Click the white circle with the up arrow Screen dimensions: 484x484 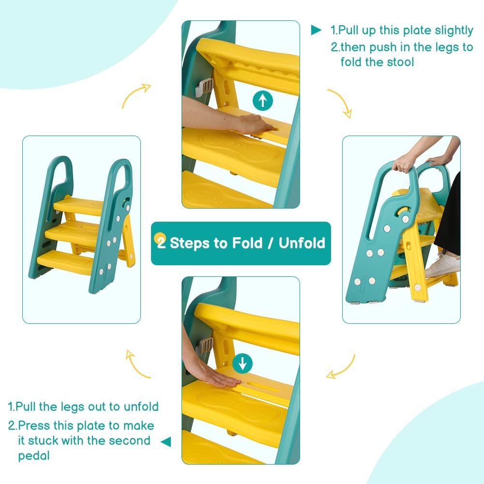tap(262, 100)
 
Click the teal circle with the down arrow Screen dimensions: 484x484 tap(242, 363)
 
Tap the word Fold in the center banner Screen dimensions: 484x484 tap(247, 242)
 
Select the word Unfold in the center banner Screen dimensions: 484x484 tap(302, 242)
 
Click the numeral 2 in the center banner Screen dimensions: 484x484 tap(161, 242)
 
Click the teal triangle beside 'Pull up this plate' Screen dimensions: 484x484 tap(316, 30)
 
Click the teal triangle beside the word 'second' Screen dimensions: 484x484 tap(166, 441)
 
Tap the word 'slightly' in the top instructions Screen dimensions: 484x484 tap(454, 30)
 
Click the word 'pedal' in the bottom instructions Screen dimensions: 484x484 tap(34, 455)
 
